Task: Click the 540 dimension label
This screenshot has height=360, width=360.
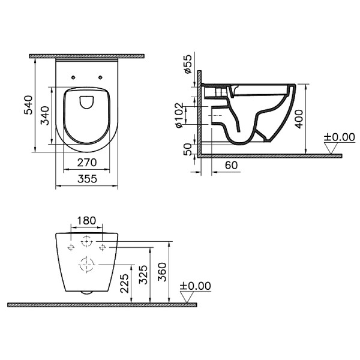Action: (x=28, y=105)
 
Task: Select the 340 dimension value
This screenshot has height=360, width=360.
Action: (x=45, y=115)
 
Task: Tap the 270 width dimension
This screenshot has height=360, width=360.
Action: (x=87, y=163)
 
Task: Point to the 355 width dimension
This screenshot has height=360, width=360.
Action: (x=87, y=179)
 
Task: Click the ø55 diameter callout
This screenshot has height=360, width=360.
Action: (x=187, y=64)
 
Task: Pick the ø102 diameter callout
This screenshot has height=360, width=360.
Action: (x=179, y=115)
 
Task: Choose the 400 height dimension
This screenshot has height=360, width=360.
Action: (x=299, y=119)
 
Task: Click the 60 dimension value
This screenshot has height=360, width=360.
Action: (x=231, y=165)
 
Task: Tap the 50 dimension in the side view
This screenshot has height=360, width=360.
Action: (x=188, y=149)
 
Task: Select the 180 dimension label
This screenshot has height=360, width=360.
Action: (x=86, y=221)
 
